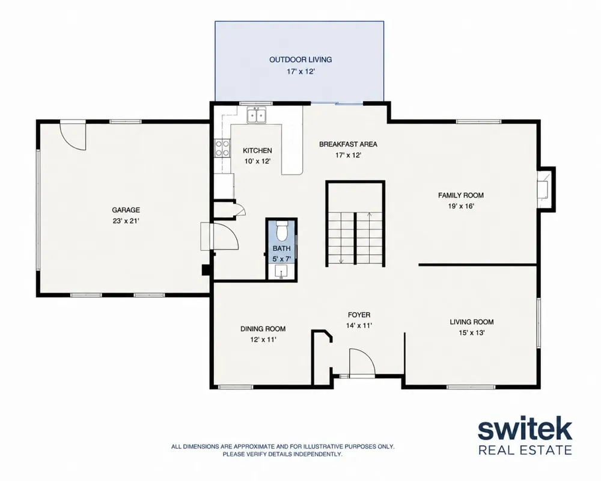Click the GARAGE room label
click(126, 210)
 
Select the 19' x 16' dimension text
click(461, 206)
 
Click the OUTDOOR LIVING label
click(300, 60)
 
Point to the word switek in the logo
click(525, 430)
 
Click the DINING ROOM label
click(263, 329)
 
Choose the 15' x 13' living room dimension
click(472, 332)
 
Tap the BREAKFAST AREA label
click(348, 144)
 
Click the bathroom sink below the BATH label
click(281, 272)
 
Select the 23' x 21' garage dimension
click(126, 221)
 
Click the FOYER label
click(359, 315)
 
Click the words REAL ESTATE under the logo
click(525, 450)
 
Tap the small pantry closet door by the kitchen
click(240, 210)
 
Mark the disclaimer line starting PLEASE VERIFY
click(282, 454)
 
